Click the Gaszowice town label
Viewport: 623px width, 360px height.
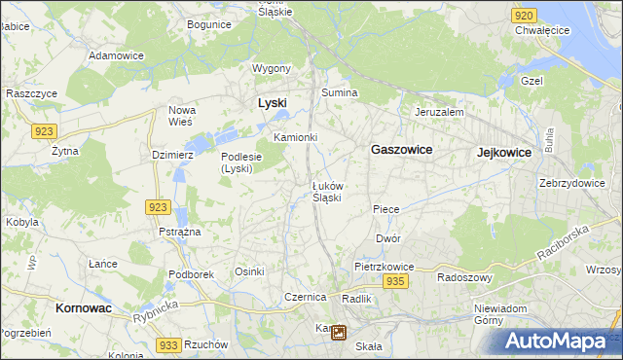pos(401,150)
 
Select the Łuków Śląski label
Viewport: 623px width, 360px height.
pos(326,191)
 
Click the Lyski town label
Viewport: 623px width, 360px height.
pos(272,102)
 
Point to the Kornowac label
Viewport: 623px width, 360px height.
pos(77,307)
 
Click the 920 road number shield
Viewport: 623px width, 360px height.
pos(524,16)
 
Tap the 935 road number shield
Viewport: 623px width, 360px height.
pos(394,281)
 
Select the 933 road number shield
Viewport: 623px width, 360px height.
pos(168,345)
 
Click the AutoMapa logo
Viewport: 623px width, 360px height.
pos(558,341)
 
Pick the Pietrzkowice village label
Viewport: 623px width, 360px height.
pos(385,266)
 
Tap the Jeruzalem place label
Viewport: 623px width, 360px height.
pos(438,112)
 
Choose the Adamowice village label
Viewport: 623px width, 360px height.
pos(116,55)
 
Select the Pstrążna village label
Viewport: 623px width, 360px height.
pos(180,232)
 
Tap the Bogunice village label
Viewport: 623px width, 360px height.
pos(208,23)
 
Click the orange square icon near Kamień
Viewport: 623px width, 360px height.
pos(338,333)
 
